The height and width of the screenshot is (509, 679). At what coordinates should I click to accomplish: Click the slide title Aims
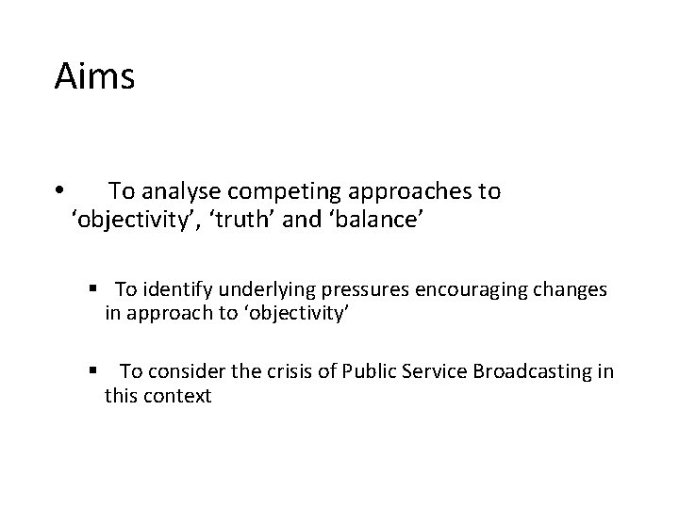[x=94, y=76]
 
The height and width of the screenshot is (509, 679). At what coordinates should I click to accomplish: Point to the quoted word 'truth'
[x=261, y=222]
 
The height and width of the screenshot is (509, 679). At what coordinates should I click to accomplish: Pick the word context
[x=179, y=396]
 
